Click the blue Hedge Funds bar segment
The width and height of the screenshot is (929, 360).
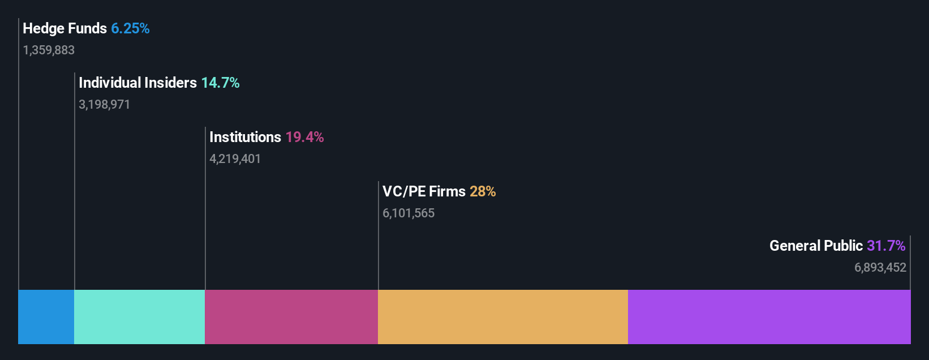point(46,317)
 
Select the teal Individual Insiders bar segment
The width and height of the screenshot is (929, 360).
point(139,317)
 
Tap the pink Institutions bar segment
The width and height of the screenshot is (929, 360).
point(291,317)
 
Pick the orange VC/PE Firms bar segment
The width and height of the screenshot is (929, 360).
point(503,317)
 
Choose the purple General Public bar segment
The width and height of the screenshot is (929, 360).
point(769,317)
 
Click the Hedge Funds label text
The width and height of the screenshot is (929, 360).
point(64,28)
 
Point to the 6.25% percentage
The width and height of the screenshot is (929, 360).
point(130,28)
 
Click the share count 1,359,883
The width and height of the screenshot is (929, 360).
point(49,50)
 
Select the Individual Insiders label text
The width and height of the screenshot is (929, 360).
point(137,83)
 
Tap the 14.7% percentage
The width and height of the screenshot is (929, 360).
point(220,83)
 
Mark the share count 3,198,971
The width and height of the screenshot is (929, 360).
point(104,105)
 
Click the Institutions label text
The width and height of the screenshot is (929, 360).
point(245,137)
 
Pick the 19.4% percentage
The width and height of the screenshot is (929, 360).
point(304,137)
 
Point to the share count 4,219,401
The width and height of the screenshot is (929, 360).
point(235,159)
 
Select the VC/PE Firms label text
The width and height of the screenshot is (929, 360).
point(424,191)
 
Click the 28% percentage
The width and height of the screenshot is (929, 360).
point(483,191)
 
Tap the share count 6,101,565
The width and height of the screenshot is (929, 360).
point(408,213)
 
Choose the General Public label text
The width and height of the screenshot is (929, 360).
point(816,246)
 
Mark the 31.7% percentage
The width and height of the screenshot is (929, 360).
point(886,246)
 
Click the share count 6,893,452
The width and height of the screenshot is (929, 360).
point(880,268)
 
